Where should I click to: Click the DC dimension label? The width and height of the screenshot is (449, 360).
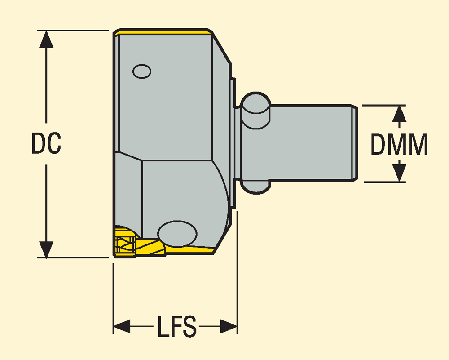46,144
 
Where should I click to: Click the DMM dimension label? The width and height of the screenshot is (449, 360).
399,145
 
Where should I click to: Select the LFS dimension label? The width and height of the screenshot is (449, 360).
177,327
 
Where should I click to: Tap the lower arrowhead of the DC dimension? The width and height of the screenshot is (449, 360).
46,249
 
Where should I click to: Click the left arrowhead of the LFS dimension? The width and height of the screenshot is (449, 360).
121,326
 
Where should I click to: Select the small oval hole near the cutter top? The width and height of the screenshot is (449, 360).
142,71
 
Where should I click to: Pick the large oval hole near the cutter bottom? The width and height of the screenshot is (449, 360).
177,234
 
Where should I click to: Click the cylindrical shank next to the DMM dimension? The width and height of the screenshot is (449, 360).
310,143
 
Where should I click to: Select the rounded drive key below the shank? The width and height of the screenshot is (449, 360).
256,187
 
